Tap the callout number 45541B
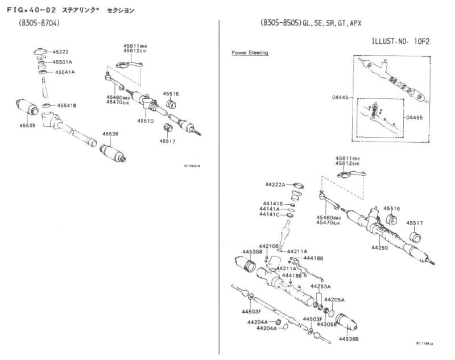click(x=67, y=106)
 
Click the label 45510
click(x=146, y=121)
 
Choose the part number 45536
click(x=110, y=134)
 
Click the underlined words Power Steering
click(x=250, y=52)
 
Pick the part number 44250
click(x=381, y=248)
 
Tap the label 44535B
click(x=252, y=251)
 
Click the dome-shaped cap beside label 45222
click(x=41, y=53)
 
